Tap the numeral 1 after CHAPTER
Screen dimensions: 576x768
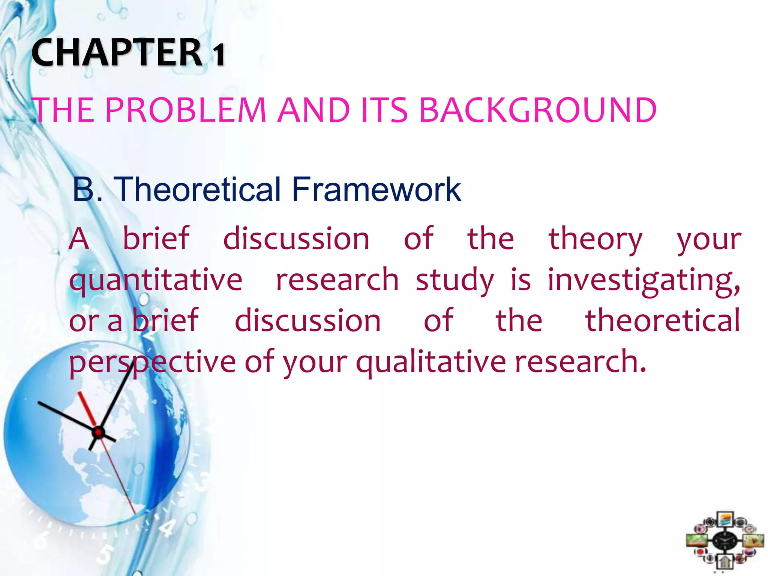pos(219,55)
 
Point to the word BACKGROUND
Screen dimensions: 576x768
pos(537,110)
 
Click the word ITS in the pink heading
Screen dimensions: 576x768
pos(384,110)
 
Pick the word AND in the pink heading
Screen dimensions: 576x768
pos(314,110)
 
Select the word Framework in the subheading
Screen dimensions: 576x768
pos(376,189)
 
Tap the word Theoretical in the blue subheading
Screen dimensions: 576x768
pos(197,189)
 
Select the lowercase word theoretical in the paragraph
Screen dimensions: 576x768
pos(663,321)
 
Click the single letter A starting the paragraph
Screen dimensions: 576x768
pos(79,239)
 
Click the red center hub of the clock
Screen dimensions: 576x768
pos(98,432)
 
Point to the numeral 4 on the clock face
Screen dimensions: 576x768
pos(167,528)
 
